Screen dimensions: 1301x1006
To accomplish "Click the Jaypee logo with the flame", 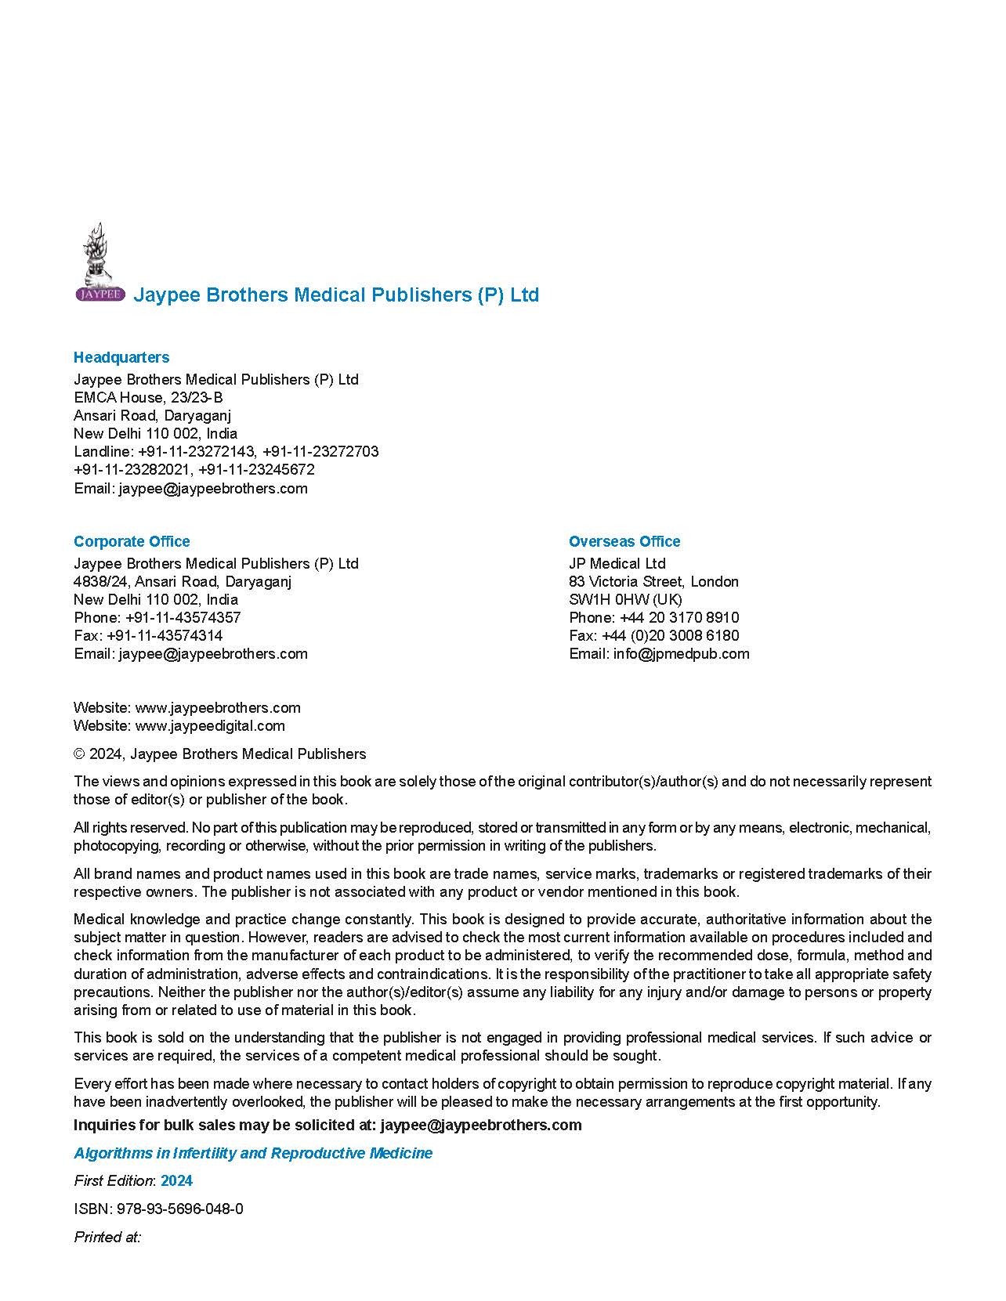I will pyautogui.click(x=100, y=262).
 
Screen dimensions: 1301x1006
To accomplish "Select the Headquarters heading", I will pyautogui.click(x=121, y=357).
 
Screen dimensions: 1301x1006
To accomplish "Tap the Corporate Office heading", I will pyautogui.click(x=132, y=541).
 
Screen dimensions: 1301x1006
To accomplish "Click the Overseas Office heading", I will pyautogui.click(x=624, y=541).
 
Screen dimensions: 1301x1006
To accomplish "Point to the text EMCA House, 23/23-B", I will pyautogui.click(x=148, y=397).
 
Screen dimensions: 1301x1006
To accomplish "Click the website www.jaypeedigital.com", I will pyautogui.click(x=210, y=725).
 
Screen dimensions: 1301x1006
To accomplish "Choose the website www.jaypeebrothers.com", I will pyautogui.click(x=218, y=707).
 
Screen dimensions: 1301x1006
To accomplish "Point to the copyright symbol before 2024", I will pyautogui.click(x=79, y=753).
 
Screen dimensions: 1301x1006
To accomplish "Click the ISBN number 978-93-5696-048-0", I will pyautogui.click(x=179, y=1209).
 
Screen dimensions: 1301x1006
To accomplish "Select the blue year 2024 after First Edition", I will pyautogui.click(x=176, y=1180).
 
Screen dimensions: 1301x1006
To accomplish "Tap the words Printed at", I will pyautogui.click(x=107, y=1237).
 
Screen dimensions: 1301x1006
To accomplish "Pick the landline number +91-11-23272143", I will pyautogui.click(x=196, y=451).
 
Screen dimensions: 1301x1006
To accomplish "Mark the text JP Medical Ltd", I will pyautogui.click(x=617, y=563).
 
